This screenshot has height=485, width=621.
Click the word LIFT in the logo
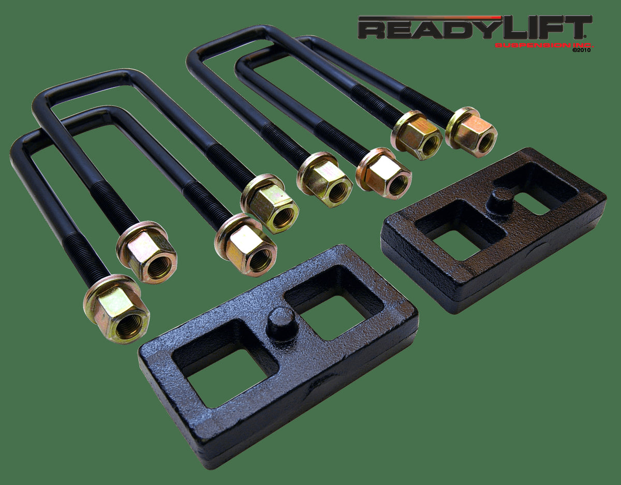click(549, 29)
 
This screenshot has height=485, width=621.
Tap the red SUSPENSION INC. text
click(543, 46)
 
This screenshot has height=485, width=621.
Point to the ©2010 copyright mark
click(582, 51)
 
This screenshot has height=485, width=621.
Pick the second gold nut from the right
click(418, 136)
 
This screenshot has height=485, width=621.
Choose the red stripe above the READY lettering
click(430, 18)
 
